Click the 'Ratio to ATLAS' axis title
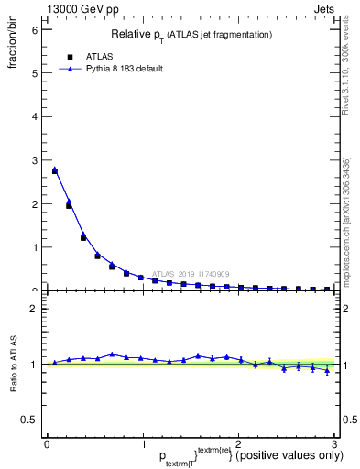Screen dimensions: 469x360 (x=14, y=366)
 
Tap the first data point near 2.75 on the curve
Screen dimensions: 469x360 (x=54, y=170)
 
